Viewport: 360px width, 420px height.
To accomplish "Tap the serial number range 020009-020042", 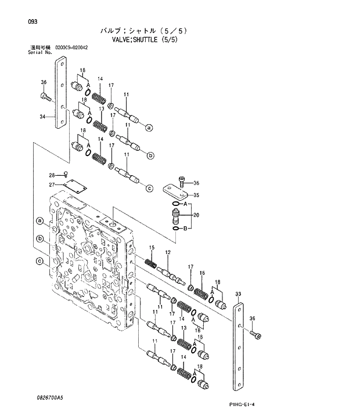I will pyautogui.click(x=71, y=47).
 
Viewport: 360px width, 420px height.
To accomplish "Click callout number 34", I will pyautogui.click(x=42, y=117).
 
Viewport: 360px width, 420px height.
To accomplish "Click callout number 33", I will pyautogui.click(x=238, y=294).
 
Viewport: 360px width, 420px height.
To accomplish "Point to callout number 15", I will pyautogui.click(x=152, y=248).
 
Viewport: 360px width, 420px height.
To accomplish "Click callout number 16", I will pyautogui.click(x=202, y=273).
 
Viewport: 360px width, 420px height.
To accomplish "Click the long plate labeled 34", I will pyautogui.click(x=60, y=93).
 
